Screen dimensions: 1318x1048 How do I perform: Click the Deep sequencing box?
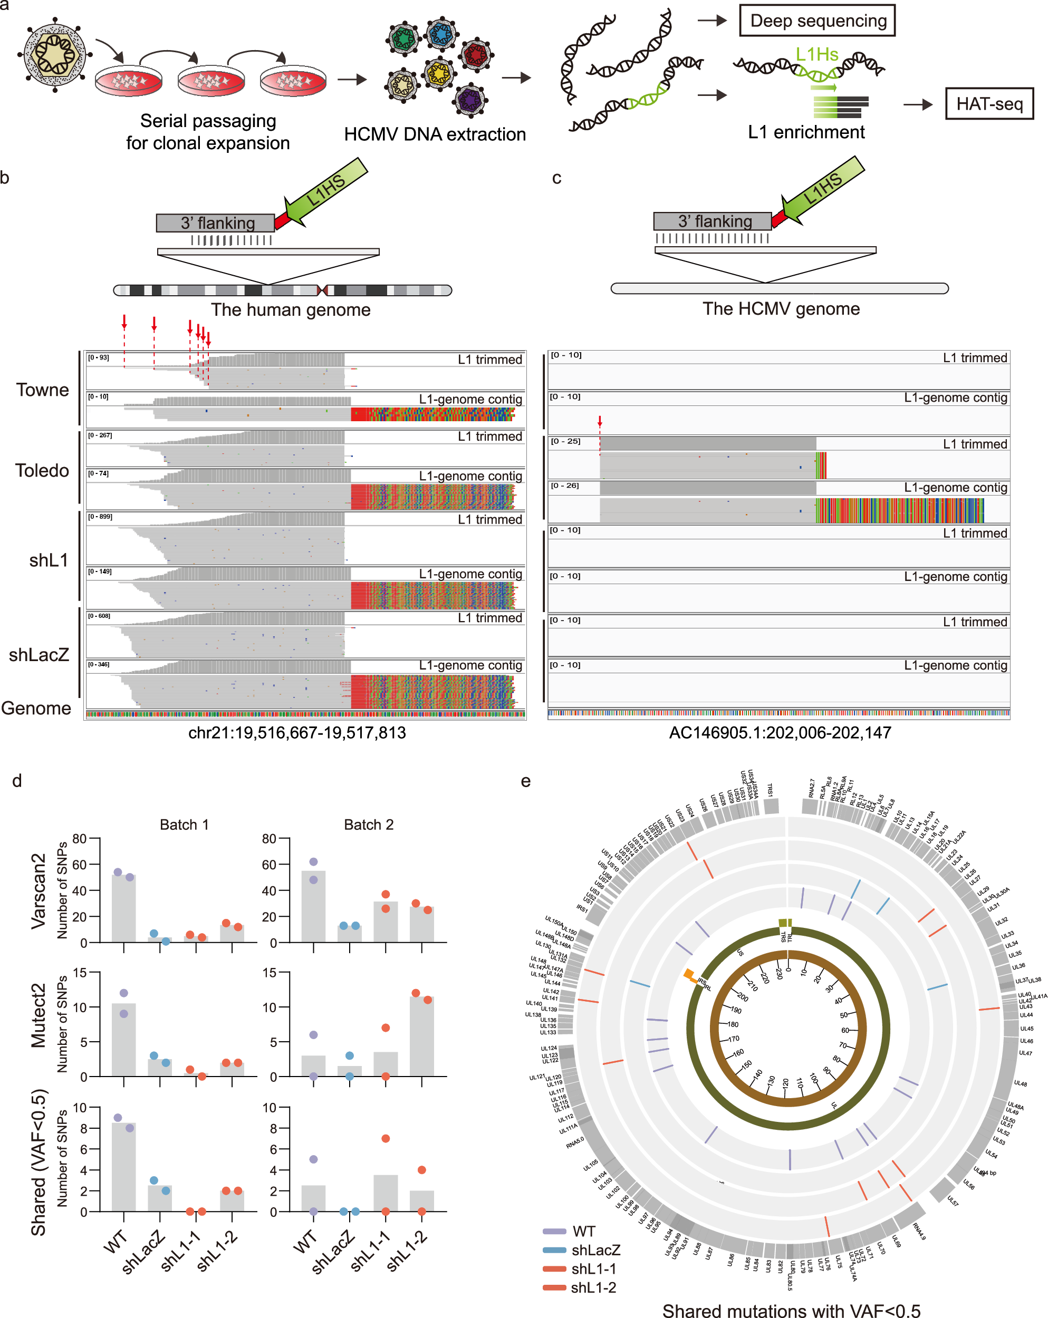click(x=818, y=21)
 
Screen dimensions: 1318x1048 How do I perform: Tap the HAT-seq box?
click(x=989, y=104)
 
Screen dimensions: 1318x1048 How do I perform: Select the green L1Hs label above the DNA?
click(x=816, y=55)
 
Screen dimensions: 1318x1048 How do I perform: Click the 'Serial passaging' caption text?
click(x=208, y=121)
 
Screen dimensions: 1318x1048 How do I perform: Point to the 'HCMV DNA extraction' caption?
click(x=435, y=134)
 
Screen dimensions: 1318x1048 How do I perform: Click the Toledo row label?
click(x=42, y=470)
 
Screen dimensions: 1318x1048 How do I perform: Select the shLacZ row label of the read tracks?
click(x=39, y=655)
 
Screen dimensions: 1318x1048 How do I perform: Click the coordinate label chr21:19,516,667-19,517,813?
click(x=296, y=732)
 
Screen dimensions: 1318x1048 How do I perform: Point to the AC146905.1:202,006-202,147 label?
click(x=780, y=732)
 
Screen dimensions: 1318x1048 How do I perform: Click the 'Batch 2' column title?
click(x=369, y=825)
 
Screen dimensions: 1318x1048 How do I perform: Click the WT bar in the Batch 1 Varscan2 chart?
click(x=123, y=909)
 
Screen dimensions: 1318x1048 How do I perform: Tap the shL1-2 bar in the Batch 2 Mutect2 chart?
click(x=421, y=1036)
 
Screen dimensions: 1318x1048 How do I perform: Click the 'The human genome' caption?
click(x=291, y=310)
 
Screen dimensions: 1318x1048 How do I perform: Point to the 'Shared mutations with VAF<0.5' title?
click(x=791, y=1310)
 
